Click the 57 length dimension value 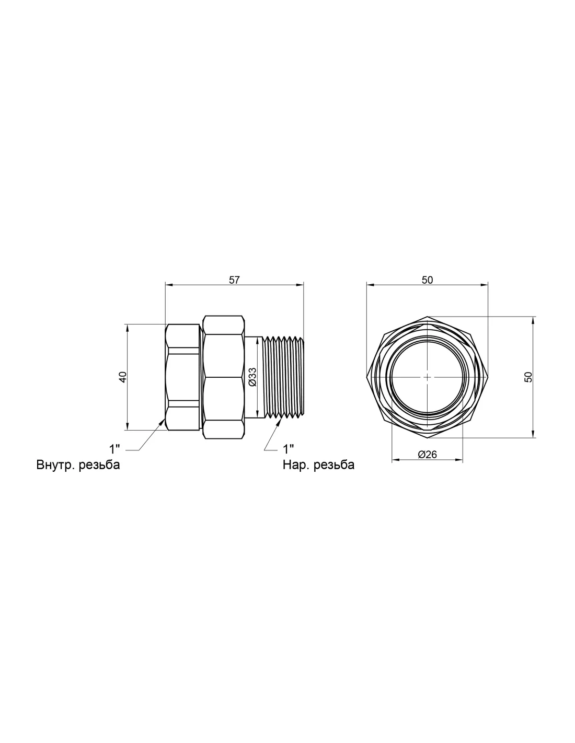click(x=234, y=280)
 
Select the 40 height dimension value click(x=123, y=377)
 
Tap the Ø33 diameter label click(x=252, y=377)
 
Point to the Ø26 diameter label click(x=427, y=455)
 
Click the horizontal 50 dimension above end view click(x=427, y=280)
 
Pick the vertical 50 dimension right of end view click(x=528, y=377)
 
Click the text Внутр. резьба click(x=78, y=465)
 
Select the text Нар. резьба click(x=318, y=465)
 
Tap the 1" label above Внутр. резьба click(x=114, y=449)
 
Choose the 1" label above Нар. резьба click(x=289, y=449)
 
